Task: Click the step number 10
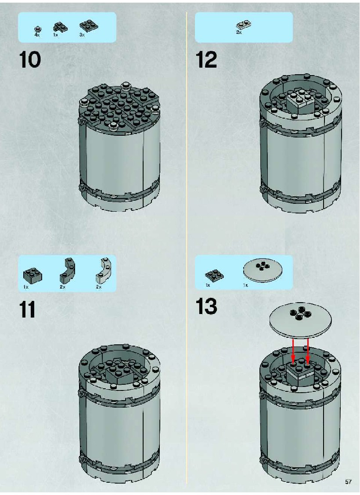pyautogui.click(x=30, y=60)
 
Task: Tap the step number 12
pyautogui.click(x=206, y=60)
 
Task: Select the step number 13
pyautogui.click(x=206, y=306)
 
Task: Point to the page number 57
pyautogui.click(x=348, y=482)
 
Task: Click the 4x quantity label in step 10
pyautogui.click(x=37, y=35)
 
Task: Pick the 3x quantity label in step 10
pyautogui.click(x=82, y=35)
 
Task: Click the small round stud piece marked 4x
pyautogui.click(x=38, y=29)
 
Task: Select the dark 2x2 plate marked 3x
pyautogui.click(x=88, y=26)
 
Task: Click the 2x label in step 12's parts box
pyautogui.click(x=239, y=32)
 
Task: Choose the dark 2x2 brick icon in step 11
pyautogui.click(x=33, y=275)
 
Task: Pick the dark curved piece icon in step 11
pyautogui.click(x=66, y=271)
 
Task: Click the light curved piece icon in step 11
pyautogui.click(x=103, y=271)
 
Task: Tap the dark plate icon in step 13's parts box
pyautogui.click(x=214, y=275)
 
